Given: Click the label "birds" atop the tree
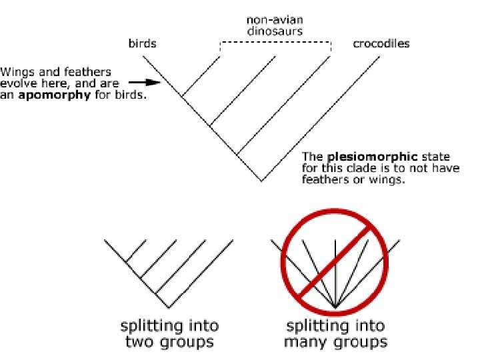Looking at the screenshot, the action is [142, 45].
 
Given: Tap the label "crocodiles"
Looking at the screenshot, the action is [381, 45].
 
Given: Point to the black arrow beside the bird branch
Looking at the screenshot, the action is [145, 83].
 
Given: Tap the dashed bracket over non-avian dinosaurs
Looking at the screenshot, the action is [275, 42].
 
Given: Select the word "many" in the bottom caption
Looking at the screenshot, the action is [305, 343].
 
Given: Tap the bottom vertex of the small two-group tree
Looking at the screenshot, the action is [169, 307].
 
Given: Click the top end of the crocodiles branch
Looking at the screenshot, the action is [381, 56].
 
